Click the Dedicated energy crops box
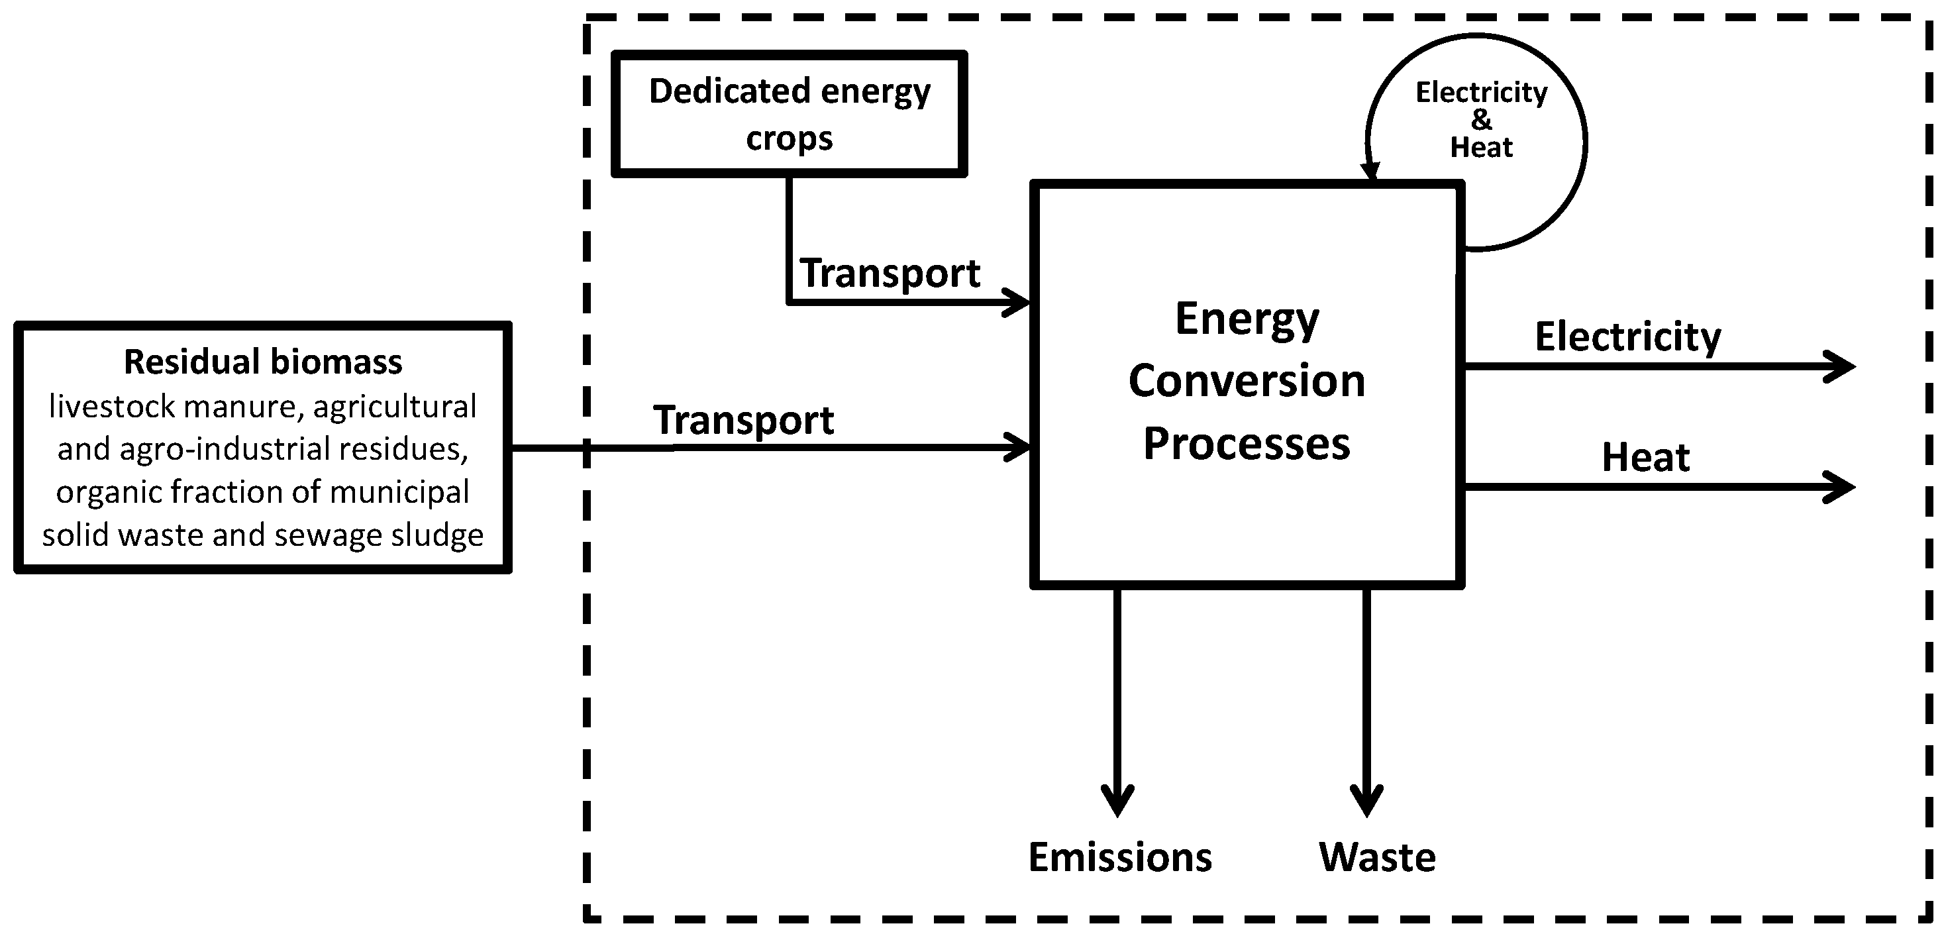tap(789, 114)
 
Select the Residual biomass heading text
tap(262, 362)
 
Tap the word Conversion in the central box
tap(1247, 380)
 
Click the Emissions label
tap(1120, 857)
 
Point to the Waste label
tap(1376, 857)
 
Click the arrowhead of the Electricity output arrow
tap(1841, 367)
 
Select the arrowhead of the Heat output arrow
tap(1841, 487)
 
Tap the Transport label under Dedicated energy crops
tap(890, 274)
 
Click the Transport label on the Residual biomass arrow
tap(743, 421)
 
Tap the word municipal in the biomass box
tap(400, 492)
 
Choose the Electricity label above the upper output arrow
tap(1628, 337)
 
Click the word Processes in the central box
tap(1247, 443)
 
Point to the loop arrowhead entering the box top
tap(1371, 172)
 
